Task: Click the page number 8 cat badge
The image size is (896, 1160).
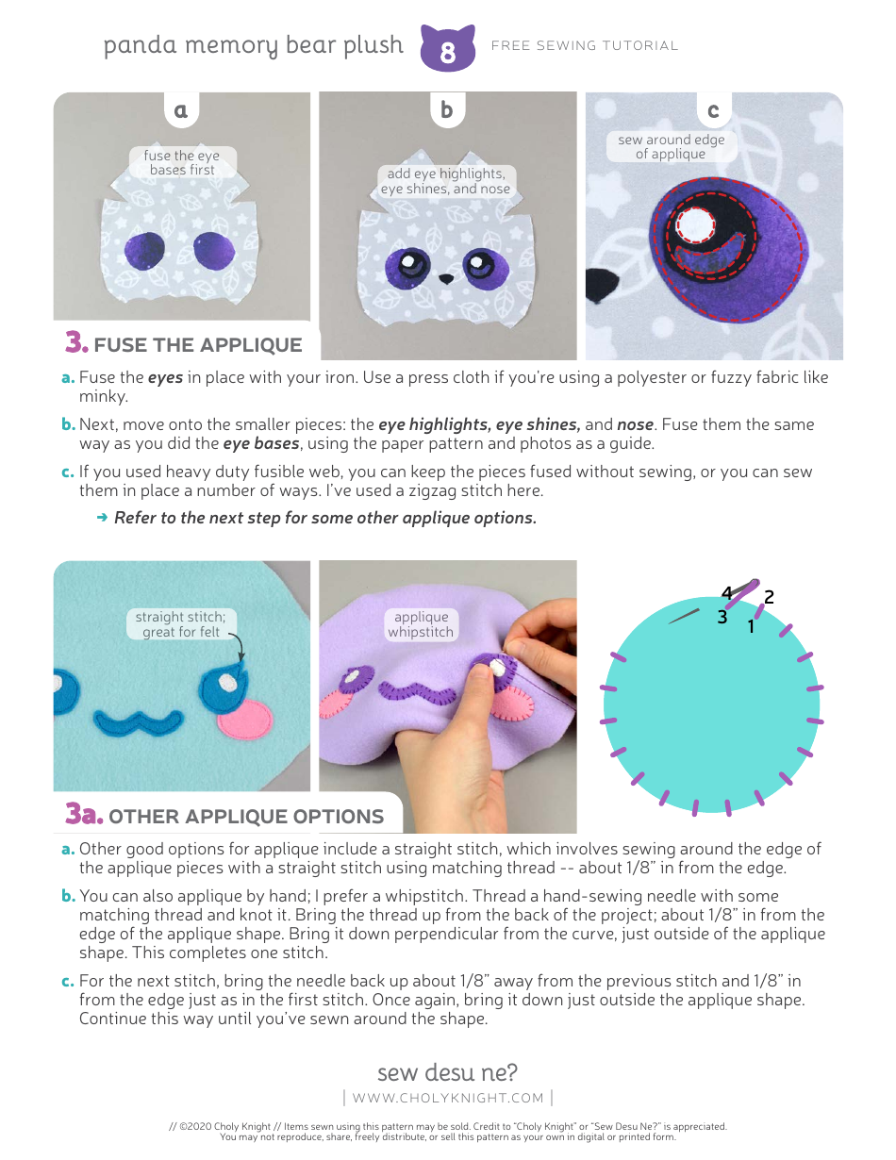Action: [x=447, y=50]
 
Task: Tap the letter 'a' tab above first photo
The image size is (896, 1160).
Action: [x=181, y=110]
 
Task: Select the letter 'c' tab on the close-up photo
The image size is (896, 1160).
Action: [x=713, y=110]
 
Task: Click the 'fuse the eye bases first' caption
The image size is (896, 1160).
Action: [x=182, y=162]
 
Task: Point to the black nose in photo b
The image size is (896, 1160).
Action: [x=447, y=278]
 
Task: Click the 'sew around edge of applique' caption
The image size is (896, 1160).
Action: [x=671, y=146]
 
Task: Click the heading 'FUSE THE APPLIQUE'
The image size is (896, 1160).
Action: [x=197, y=344]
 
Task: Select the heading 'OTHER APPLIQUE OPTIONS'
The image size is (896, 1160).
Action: [x=245, y=817]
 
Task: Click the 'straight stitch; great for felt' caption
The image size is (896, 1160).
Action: [x=180, y=624]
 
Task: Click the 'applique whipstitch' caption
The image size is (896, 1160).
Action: [x=421, y=624]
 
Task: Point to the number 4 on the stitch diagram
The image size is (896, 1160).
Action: [x=726, y=593]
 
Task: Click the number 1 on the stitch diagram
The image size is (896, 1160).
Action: [x=751, y=625]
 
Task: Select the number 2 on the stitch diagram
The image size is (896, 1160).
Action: [x=770, y=597]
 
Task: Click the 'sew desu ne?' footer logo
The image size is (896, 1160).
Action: [x=447, y=1072]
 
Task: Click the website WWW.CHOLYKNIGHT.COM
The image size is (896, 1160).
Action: [x=448, y=1097]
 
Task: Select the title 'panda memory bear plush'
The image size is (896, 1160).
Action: [x=253, y=45]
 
